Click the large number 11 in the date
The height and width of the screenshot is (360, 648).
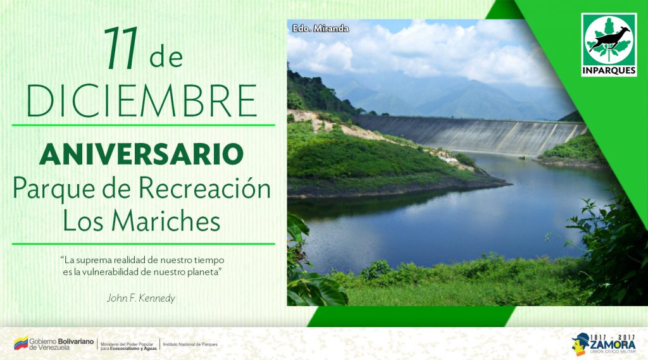[121, 48]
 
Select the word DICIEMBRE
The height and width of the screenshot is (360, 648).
[142, 101]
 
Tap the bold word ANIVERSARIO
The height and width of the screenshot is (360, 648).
[142, 154]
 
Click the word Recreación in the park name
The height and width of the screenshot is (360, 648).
[204, 189]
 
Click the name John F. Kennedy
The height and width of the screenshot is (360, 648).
[141, 298]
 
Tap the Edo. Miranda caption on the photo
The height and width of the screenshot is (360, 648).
[321, 28]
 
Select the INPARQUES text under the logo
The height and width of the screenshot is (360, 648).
[609, 71]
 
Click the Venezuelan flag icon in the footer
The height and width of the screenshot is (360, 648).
[21, 343]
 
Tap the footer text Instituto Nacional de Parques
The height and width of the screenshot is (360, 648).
[190, 344]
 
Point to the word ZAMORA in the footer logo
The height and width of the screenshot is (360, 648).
[613, 345]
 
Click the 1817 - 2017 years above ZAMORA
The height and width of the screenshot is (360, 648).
[613, 337]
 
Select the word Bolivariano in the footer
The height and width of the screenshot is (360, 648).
[76, 342]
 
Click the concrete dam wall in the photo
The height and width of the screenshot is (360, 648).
[471, 134]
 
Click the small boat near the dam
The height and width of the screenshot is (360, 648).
[523, 158]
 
